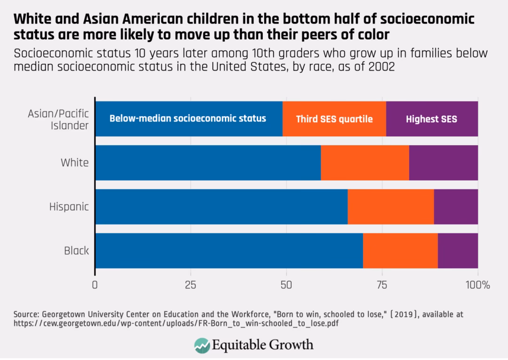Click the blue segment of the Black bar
229,251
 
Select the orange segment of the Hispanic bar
390,207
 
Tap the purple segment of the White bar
443,163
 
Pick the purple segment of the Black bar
458,251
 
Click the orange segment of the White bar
365,163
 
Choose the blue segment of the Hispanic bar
222,207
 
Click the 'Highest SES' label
431,119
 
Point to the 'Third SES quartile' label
334,119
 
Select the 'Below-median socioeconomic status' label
188,118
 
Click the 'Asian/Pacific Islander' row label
58,119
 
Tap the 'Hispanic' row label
69,207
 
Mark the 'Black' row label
76,251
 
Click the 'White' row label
74,163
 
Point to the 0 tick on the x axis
95,285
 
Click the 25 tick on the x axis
190,285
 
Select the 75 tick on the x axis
382,285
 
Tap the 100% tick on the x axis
477,285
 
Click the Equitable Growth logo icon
202,345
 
